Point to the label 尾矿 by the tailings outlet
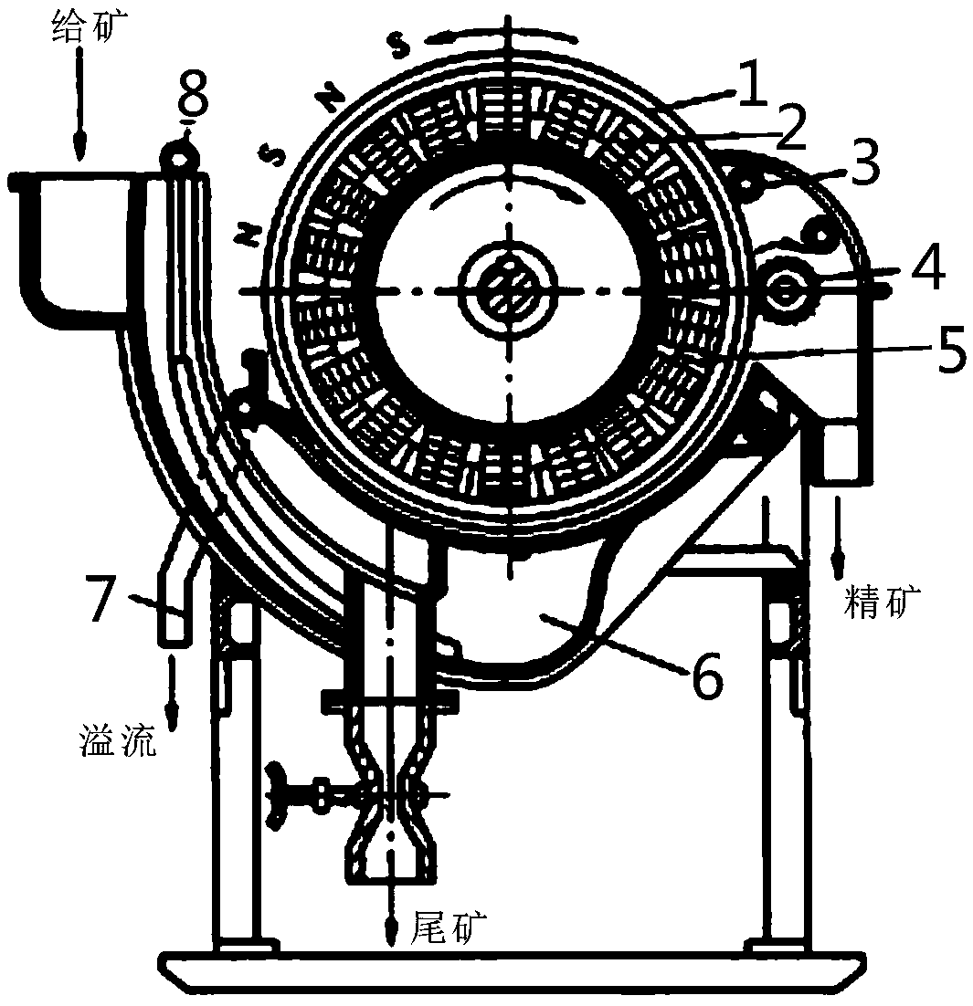[x=448, y=927]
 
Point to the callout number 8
[x=193, y=93]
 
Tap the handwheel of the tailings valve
[x=277, y=795]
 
